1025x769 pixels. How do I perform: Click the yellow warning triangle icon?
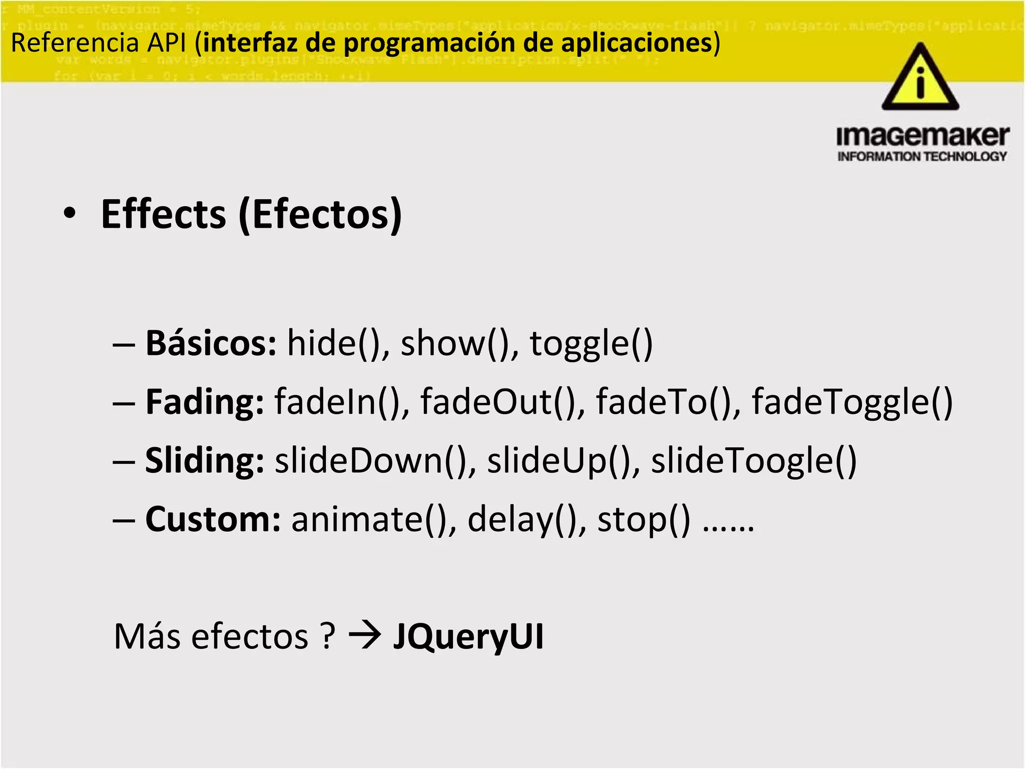tap(920, 79)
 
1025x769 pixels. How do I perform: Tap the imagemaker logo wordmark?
tap(922, 137)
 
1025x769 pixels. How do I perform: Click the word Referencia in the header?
tap(75, 43)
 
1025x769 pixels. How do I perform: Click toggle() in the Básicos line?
tap(591, 344)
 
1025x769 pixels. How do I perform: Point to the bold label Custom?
tap(213, 519)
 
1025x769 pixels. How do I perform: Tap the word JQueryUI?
tap(468, 637)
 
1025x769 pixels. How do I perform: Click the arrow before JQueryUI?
tap(365, 637)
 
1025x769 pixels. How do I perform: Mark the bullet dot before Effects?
tap(70, 214)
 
